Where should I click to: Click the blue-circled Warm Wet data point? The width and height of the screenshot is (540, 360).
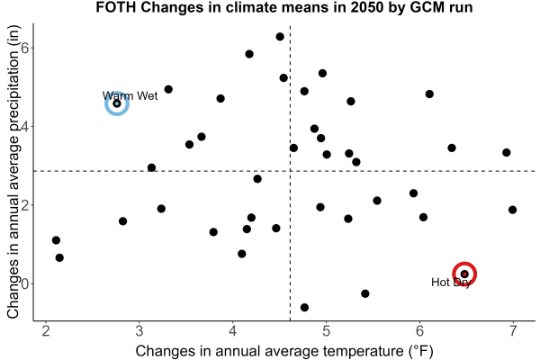tap(117, 103)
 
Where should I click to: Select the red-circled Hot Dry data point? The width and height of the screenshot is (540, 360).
tap(464, 274)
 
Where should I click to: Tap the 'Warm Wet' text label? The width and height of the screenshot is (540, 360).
tap(130, 95)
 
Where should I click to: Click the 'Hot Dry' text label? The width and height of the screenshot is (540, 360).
tap(451, 282)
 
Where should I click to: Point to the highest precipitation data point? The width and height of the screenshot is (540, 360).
tap(280, 37)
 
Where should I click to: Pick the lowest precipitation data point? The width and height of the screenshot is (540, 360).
tap(304, 307)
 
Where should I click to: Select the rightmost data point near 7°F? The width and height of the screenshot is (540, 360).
tap(512, 210)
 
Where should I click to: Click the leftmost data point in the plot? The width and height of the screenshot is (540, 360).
tap(56, 240)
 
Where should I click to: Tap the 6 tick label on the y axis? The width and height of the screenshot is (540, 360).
tap(25, 48)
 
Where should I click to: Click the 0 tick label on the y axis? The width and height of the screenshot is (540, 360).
tap(25, 283)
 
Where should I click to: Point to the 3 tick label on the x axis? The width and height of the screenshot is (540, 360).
tap(139, 330)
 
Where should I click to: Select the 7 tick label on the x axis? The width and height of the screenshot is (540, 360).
tap(513, 330)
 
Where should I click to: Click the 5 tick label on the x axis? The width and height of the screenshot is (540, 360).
tap(326, 330)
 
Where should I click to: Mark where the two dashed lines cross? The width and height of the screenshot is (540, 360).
tap(291, 171)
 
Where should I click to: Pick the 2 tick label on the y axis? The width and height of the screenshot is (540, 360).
tap(25, 204)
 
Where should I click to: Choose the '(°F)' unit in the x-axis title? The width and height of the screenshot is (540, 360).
tap(421, 351)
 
